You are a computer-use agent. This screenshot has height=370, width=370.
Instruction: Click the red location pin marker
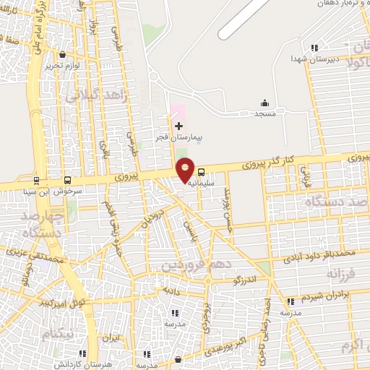(186, 169)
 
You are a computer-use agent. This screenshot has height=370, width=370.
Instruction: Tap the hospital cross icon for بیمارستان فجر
(179, 126)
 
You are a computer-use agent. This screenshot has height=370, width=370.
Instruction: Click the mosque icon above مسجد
(264, 103)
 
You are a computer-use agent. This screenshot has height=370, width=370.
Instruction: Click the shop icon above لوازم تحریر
(64, 54)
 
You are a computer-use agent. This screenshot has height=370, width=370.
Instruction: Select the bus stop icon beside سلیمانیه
(201, 172)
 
